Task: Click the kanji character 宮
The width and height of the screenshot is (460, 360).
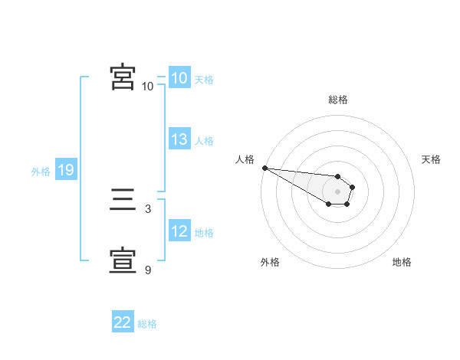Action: pyautogui.click(x=123, y=77)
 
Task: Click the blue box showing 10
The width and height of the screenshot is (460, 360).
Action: pyautogui.click(x=179, y=78)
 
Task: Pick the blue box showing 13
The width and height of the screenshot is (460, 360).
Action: pyautogui.click(x=179, y=139)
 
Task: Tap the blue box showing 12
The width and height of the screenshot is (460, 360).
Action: pyautogui.click(x=179, y=231)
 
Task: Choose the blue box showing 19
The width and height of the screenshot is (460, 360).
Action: pyautogui.click(x=66, y=170)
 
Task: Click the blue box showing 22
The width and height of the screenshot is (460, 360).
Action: pyautogui.click(x=123, y=322)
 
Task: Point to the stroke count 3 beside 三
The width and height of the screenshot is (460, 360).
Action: pyautogui.click(x=147, y=208)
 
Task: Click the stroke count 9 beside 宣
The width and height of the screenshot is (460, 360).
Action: pyautogui.click(x=147, y=270)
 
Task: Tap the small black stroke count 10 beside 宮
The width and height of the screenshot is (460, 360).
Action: pyautogui.click(x=147, y=86)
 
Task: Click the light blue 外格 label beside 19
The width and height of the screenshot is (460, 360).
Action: pyautogui.click(x=41, y=172)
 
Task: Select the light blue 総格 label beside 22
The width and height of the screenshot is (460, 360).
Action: pyautogui.click(x=147, y=324)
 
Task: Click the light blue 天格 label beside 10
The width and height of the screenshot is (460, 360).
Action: pyautogui.click(x=204, y=80)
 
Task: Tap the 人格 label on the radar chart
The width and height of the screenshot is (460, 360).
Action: pyautogui.click(x=245, y=159)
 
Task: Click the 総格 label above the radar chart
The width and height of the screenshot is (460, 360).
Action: pyautogui.click(x=337, y=100)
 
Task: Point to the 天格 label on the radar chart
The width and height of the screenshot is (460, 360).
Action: pyautogui.click(x=431, y=159)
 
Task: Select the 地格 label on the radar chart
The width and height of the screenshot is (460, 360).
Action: pyautogui.click(x=402, y=262)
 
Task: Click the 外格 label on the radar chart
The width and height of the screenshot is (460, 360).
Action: pyautogui.click(x=270, y=262)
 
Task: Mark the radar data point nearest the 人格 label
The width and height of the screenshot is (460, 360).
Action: pyautogui.click(x=264, y=168)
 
